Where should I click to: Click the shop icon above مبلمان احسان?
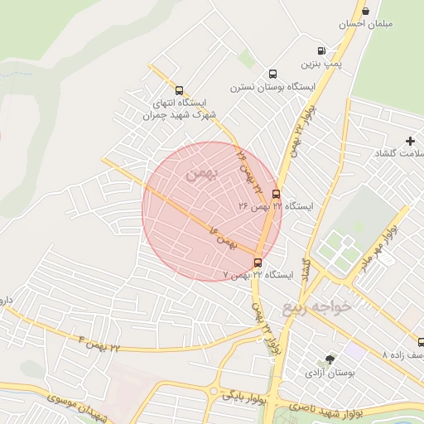pyautogui.click(x=365, y=11)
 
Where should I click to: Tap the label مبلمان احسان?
pyautogui.click(x=365, y=24)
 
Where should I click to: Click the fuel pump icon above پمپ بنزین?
pyautogui.click(x=321, y=51)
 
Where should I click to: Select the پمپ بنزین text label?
pyautogui.click(x=321, y=64)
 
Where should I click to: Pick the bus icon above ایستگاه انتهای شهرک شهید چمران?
pyautogui.click(x=179, y=90)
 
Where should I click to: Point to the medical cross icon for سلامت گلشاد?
pyautogui.click(x=410, y=141)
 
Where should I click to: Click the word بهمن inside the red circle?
pyautogui.click(x=200, y=174)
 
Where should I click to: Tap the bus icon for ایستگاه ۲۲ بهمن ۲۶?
pyautogui.click(x=276, y=194)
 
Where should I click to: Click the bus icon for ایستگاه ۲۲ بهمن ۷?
pyautogui.click(x=258, y=263)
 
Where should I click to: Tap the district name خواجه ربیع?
pyautogui.click(x=317, y=307)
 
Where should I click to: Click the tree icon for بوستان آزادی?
pyautogui.click(x=330, y=359)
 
